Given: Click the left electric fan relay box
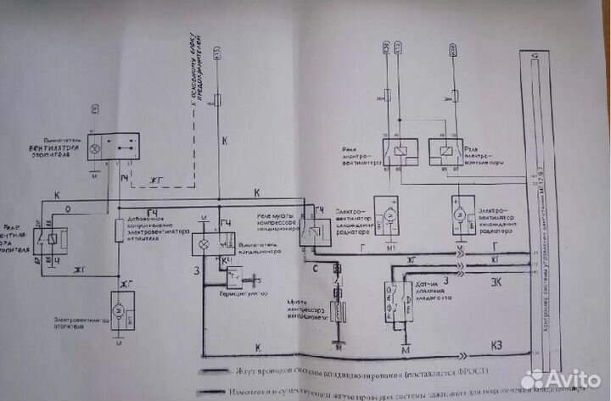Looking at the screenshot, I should coord(395,152).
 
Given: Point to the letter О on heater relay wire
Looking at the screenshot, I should coord(68,206).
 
